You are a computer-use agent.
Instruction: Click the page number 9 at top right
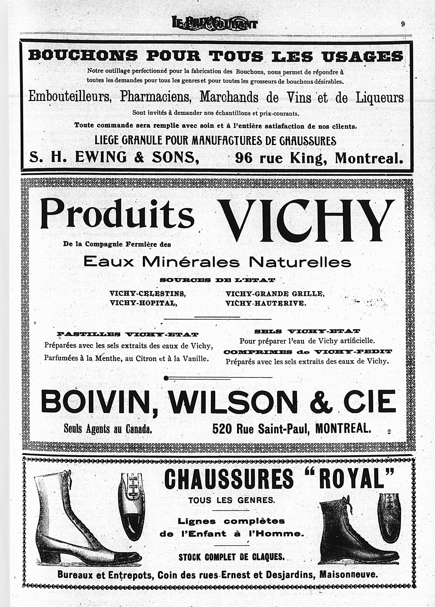coord(403,24)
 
